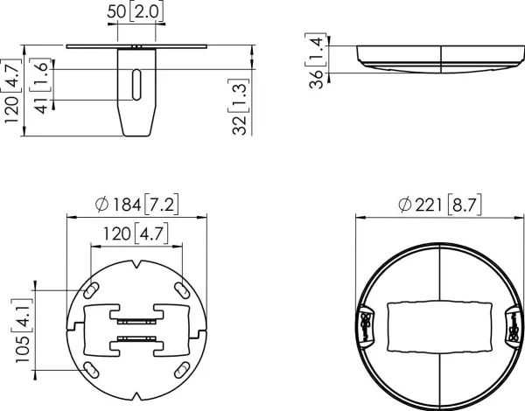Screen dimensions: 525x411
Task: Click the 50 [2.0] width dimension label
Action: tap(136, 12)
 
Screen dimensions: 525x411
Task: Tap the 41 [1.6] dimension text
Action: tap(41, 86)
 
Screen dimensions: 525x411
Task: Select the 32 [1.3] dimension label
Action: tap(240, 107)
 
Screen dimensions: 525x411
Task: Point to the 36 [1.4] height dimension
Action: tap(316, 60)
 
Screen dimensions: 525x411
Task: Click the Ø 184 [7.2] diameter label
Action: tap(137, 205)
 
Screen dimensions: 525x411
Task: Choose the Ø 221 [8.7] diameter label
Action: tap(440, 205)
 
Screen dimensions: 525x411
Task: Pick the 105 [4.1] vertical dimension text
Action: tap(23, 331)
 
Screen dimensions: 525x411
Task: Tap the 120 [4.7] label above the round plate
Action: tap(136, 233)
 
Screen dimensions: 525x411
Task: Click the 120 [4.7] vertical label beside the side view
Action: tap(11, 91)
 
